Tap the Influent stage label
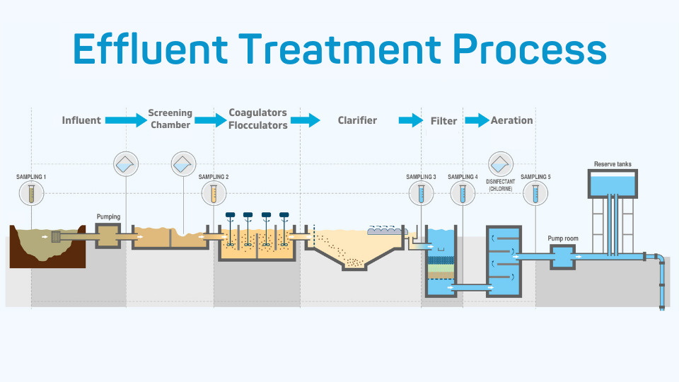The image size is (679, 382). pos(81,120)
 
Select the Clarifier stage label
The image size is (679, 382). pos(357,120)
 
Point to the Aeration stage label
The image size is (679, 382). pos(511,120)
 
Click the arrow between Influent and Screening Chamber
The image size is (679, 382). pos(125,120)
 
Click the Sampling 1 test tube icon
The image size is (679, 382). pos(31,192)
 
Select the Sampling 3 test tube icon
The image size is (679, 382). pos(421,192)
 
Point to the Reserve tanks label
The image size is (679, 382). pos(613,164)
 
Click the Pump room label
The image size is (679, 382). pos(563,238)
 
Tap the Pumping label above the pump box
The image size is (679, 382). pos(108,216)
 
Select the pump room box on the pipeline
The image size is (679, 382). pos(563,256)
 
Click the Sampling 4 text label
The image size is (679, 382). pos(463,177)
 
